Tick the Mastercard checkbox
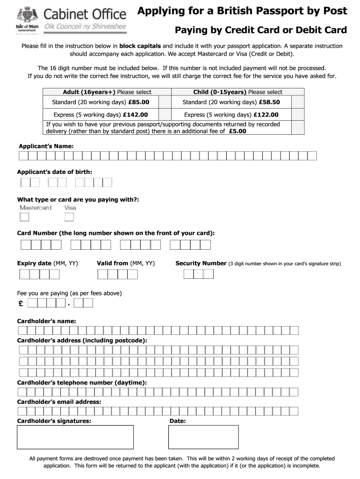24,217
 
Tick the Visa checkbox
69,217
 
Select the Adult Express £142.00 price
135,115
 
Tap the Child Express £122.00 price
267,115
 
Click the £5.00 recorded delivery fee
238,131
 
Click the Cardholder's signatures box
75,437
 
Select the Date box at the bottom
203,437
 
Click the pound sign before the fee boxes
21,304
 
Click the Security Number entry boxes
198,274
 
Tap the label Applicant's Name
45,146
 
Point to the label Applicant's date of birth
55,172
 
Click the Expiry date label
34,263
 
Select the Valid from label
112,263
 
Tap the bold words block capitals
140,46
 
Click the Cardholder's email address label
59,402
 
